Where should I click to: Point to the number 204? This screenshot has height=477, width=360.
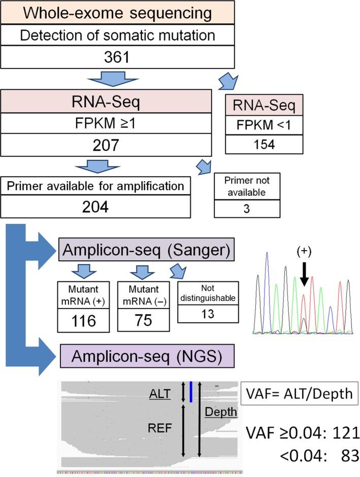pos(96,208)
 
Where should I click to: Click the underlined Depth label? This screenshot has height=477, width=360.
pos(221,412)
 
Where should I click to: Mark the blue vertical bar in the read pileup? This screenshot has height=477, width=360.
pos(190,392)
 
